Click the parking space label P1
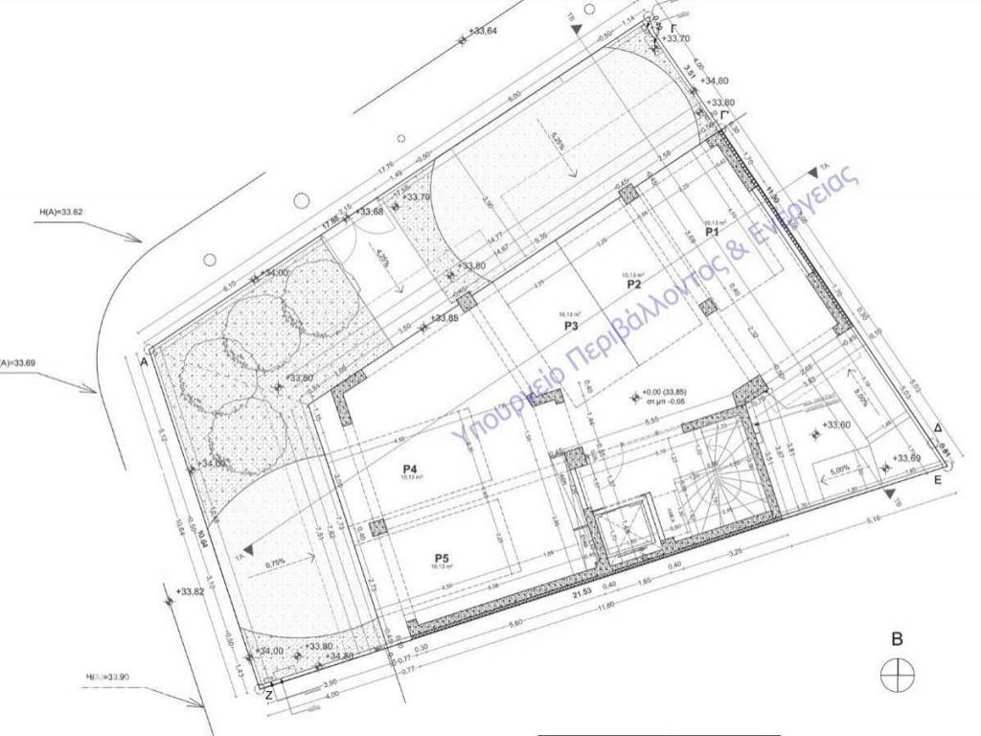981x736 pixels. point(711,232)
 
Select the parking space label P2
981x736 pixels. point(633,285)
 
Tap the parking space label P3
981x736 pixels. point(571,326)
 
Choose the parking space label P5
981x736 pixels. point(442,559)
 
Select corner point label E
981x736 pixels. point(940,483)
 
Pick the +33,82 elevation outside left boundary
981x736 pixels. point(191,593)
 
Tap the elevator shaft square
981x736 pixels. point(624,527)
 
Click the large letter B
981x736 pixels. point(898,638)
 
